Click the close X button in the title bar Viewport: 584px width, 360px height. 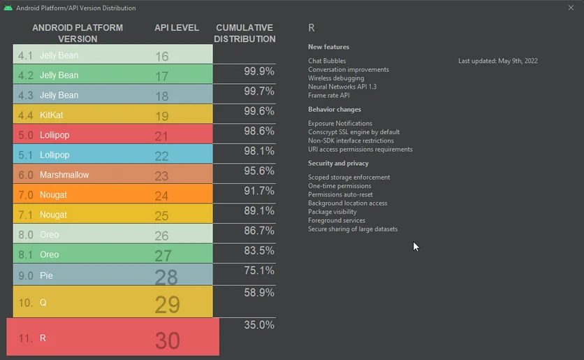tap(571, 8)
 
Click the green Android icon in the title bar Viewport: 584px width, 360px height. tap(8, 8)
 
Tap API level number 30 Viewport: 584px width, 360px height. tap(168, 340)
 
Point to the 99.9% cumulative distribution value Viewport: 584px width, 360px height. tap(258, 71)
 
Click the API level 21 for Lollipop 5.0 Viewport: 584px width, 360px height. tap(162, 136)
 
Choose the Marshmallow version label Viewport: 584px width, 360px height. tap(64, 175)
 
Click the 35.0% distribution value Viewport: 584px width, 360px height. tap(258, 325)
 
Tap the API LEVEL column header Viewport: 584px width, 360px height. tap(177, 28)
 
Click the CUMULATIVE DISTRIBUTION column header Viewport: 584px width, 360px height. tap(244, 34)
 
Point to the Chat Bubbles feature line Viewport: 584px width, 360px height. tap(327, 61)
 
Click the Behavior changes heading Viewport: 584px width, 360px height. tap(335, 110)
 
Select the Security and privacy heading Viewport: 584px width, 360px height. tap(338, 164)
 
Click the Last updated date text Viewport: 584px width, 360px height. tap(497, 61)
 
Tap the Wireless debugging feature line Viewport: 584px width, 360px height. tap(336, 78)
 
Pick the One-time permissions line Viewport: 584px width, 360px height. tap(340, 186)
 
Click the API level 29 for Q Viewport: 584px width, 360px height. tap(167, 305)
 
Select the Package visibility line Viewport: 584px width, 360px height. tap(333, 212)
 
